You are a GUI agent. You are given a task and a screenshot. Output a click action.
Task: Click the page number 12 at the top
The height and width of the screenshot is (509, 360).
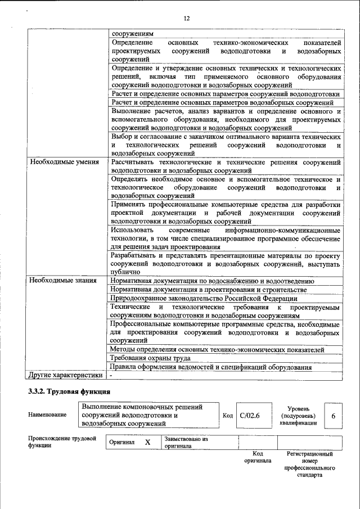(x=186, y=19)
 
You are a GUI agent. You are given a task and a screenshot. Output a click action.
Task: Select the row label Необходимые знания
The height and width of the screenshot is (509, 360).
(x=63, y=280)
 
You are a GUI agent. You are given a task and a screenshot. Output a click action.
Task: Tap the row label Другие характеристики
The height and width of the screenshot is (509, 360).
(x=66, y=375)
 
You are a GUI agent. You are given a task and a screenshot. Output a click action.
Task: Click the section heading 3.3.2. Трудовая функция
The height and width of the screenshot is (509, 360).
(x=69, y=391)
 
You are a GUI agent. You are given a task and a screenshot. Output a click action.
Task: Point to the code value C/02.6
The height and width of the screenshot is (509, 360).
(x=249, y=416)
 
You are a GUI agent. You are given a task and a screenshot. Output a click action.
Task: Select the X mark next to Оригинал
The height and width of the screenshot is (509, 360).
(x=147, y=443)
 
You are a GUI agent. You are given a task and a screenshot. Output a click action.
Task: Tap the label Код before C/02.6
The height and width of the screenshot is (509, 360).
(x=227, y=416)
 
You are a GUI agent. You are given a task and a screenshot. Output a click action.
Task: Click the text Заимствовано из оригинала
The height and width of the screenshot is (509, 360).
(x=186, y=443)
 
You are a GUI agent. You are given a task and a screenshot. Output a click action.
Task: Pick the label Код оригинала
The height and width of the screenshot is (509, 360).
(x=258, y=457)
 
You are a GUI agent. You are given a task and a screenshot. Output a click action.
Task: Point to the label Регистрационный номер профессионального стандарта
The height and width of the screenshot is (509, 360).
(x=309, y=464)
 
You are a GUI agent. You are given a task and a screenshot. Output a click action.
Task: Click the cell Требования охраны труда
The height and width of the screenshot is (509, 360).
(x=150, y=358)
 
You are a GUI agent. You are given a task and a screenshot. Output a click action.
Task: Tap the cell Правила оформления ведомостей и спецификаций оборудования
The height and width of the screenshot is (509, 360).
(x=211, y=367)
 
